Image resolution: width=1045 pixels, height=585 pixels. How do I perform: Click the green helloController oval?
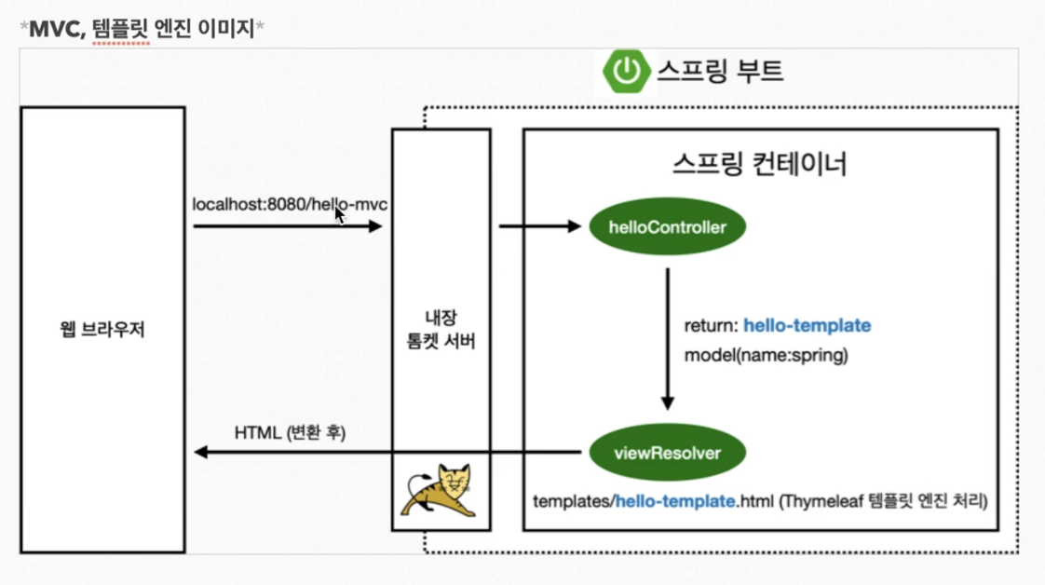667,227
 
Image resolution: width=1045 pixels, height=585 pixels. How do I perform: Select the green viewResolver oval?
667,454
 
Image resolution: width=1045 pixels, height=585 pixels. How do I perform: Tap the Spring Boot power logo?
626,71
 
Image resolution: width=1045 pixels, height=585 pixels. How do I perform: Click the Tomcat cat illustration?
440,490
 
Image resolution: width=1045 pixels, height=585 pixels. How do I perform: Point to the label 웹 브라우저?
102,330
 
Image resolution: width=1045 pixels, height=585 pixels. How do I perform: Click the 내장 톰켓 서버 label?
441,330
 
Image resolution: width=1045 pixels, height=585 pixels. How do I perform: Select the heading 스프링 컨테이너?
759,164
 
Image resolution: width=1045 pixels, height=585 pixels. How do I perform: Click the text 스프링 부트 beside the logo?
719,71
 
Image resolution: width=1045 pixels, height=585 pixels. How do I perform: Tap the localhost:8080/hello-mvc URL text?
289,204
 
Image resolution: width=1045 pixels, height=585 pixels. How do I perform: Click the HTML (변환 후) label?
290,433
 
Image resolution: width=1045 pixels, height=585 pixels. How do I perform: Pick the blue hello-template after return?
807,326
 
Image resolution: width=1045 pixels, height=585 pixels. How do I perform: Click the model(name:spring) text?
766,355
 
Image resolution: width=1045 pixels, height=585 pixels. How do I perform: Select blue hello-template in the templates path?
675,501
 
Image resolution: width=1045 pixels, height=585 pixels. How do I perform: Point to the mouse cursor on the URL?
340,215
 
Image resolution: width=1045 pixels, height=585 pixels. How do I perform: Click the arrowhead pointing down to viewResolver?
667,402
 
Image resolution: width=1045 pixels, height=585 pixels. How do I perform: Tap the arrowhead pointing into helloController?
575,226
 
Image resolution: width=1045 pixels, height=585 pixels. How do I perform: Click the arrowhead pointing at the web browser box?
200,453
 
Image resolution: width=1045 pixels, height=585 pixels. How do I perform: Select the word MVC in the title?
57,28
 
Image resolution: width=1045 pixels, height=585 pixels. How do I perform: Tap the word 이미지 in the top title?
224,28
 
